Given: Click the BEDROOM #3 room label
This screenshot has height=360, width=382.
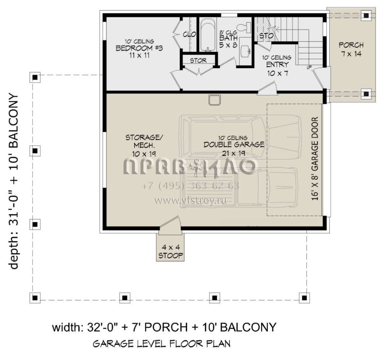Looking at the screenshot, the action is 139,48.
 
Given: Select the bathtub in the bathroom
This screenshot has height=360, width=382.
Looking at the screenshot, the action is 208,35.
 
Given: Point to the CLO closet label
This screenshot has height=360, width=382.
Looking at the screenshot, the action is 189,35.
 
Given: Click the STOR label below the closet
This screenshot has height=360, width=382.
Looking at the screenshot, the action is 198,60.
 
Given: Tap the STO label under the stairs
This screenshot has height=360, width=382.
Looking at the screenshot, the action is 266,36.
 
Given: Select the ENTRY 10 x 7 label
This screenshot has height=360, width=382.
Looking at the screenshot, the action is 277,69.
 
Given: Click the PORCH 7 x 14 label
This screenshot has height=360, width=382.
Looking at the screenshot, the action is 351,49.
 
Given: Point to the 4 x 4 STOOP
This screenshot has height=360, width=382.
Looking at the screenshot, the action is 171,248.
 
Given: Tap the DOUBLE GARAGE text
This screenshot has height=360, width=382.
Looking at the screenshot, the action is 234,144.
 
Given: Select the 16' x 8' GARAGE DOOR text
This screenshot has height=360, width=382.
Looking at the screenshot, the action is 315,158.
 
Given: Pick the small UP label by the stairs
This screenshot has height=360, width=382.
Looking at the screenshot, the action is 309,67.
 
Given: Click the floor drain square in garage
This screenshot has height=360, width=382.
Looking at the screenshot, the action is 215,100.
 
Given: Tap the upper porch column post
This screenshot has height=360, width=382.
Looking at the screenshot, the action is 366,16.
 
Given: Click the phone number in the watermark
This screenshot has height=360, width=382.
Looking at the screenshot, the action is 190,186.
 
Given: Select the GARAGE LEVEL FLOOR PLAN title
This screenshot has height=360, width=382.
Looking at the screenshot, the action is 162,344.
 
